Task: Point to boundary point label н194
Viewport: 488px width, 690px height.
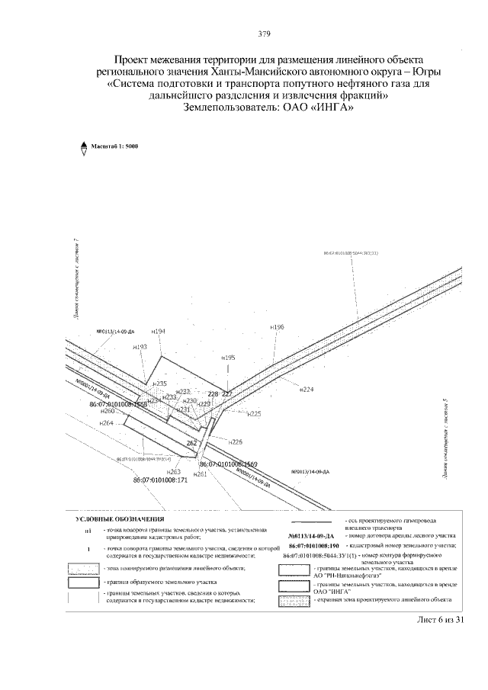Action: click(x=159, y=331)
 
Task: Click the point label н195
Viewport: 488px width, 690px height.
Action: click(x=228, y=357)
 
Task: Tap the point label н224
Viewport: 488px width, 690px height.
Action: click(x=307, y=390)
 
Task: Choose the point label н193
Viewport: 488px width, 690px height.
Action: click(x=140, y=347)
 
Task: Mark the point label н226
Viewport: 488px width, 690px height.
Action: click(x=236, y=441)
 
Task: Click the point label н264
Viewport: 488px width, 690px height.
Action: click(x=107, y=422)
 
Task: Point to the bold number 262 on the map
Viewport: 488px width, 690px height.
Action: click(x=192, y=443)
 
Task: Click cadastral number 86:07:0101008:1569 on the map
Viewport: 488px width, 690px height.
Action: click(x=229, y=464)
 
